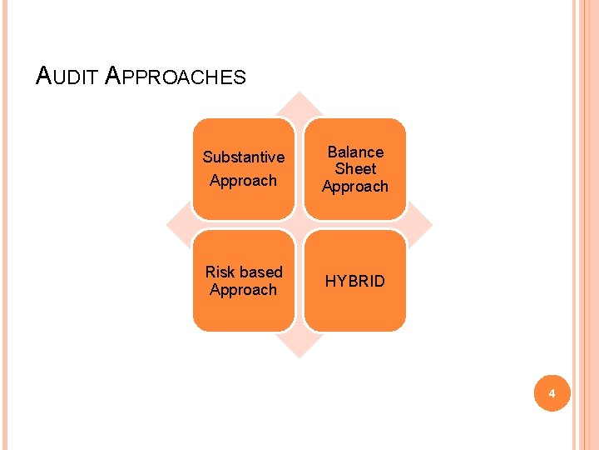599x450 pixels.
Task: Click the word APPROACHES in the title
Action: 176,77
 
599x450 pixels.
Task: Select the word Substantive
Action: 244,157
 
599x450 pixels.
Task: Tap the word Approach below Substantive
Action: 244,180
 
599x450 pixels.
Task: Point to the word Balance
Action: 355,152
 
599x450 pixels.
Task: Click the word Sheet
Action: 355,168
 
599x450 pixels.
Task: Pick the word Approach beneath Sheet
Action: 355,186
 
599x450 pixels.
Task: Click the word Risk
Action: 220,272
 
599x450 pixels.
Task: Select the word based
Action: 260,272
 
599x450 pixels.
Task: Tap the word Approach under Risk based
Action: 244,289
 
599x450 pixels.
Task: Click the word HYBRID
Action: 355,281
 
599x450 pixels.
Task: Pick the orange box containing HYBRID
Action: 355,308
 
